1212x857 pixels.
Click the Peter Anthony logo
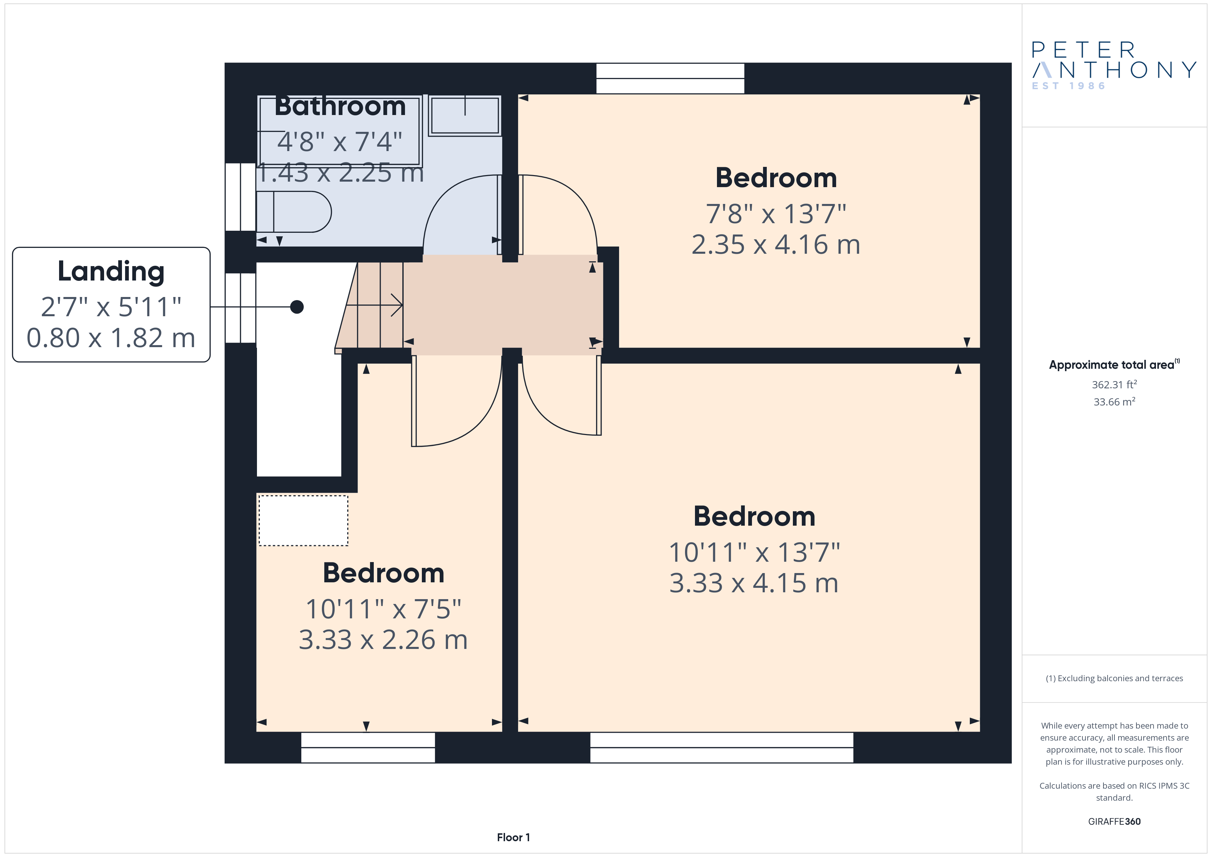[1114, 66]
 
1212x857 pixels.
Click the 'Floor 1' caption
[513, 837]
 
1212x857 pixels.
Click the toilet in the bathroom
[293, 212]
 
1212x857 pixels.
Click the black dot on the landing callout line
[297, 307]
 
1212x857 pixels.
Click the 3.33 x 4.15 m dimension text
[754, 583]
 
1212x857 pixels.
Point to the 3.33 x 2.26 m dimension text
[383, 640]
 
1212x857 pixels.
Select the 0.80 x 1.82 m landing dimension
[111, 338]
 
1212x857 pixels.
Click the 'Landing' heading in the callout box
[111, 272]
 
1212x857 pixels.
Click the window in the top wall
[670, 79]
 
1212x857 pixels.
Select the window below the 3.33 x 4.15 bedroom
[722, 747]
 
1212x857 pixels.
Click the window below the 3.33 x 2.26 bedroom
[368, 747]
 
